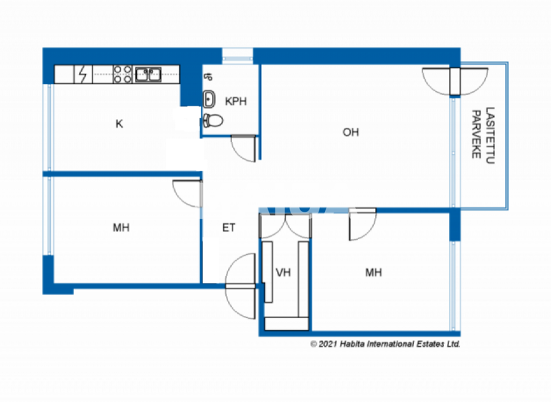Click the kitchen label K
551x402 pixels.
pos(119,123)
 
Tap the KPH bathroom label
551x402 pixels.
pos(236,101)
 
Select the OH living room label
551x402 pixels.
pos(350,132)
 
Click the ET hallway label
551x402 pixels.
pos(229,228)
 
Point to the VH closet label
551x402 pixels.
pos(283,273)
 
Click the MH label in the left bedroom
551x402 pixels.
pos(121,228)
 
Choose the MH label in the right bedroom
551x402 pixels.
pos(373,273)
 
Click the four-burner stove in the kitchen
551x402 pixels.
pos(122,73)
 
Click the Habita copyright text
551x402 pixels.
pos(385,345)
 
